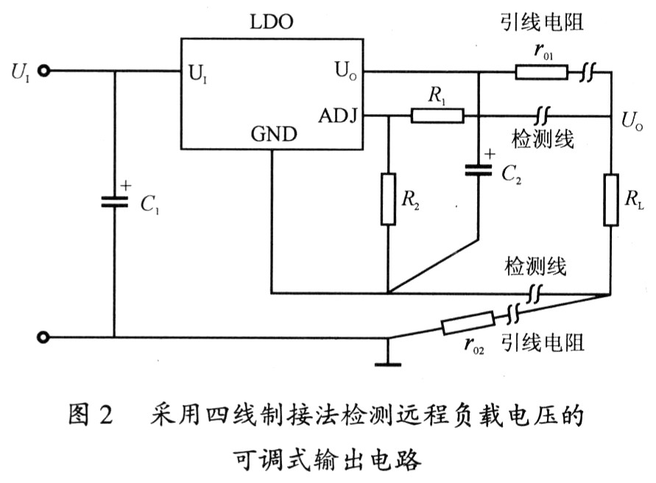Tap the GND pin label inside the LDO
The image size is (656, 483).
(x=274, y=135)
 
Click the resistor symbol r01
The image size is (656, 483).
(x=541, y=71)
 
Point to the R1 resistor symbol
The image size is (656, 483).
(x=437, y=116)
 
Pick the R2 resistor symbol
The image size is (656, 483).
(x=388, y=198)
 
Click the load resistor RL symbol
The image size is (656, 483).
(x=611, y=200)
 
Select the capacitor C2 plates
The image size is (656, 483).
(x=479, y=171)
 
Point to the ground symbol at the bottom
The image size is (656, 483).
(x=389, y=362)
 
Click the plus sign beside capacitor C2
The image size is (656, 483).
(x=488, y=155)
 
